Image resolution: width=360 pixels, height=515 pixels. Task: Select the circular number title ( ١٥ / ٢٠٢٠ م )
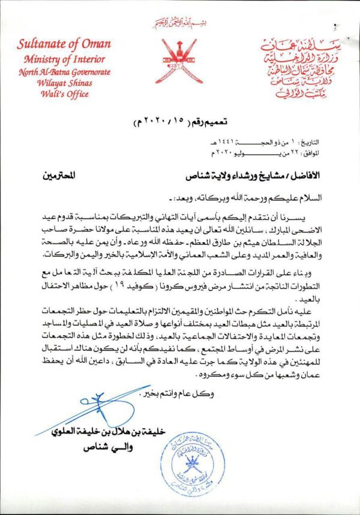point(179,125)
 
